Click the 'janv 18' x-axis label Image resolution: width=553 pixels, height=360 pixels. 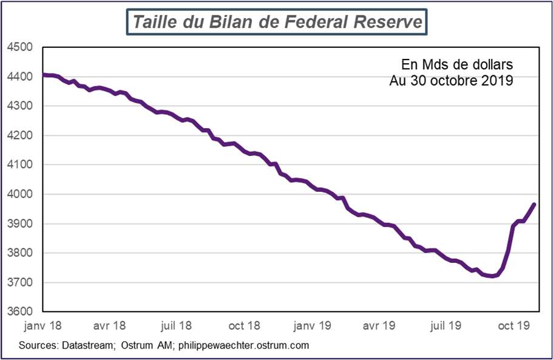43,326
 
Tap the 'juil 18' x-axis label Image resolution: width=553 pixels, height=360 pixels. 177,326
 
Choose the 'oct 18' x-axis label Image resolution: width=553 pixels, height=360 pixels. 245,326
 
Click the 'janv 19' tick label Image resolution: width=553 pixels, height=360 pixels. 313,326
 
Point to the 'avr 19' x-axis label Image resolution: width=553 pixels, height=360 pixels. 379,326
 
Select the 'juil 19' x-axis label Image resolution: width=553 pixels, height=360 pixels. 446,326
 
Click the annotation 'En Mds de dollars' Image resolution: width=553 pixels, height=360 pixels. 457,64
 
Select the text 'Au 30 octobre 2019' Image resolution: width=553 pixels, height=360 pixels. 452,80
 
